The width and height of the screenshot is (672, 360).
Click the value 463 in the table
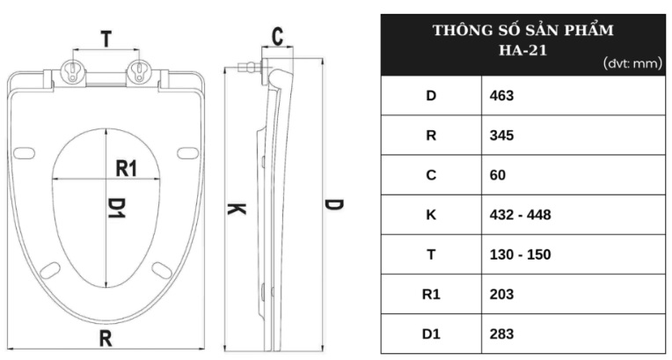click(x=501, y=95)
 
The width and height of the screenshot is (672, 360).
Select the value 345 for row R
click(x=501, y=136)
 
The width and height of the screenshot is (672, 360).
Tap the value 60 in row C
click(x=497, y=175)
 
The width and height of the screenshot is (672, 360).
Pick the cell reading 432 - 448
click(x=520, y=215)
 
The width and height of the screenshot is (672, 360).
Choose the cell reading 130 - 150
click(x=520, y=254)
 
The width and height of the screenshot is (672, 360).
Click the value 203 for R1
click(x=501, y=294)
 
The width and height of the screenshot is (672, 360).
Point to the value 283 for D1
click(x=501, y=334)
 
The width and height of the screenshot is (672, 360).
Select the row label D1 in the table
click(x=431, y=334)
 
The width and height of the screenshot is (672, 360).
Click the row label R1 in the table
click(x=431, y=294)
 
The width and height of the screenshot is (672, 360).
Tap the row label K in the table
click(x=431, y=215)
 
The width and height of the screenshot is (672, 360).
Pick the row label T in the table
click(x=431, y=254)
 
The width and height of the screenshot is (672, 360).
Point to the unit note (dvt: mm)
click(x=632, y=64)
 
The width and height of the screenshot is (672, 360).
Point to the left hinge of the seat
click(x=71, y=75)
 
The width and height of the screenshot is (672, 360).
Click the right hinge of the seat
click(x=139, y=75)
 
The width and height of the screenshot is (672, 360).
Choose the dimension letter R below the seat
click(x=106, y=338)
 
